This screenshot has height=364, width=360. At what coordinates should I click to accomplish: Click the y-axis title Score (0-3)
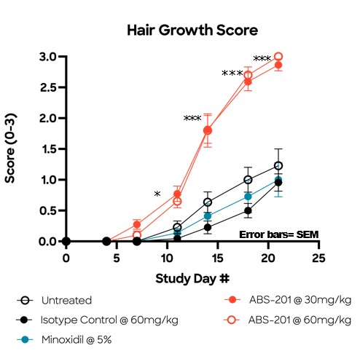[x=12, y=149]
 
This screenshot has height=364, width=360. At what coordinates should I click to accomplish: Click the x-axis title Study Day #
[x=192, y=279]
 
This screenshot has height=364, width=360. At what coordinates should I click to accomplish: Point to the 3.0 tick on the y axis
[x=48, y=57]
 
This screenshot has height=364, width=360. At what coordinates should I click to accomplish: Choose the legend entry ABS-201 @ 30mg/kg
[x=283, y=298]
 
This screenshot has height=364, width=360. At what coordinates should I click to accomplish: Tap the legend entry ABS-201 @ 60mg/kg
[x=283, y=318]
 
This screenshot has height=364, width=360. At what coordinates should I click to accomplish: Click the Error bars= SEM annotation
[x=279, y=234]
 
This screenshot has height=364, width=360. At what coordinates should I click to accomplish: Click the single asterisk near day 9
[x=157, y=194]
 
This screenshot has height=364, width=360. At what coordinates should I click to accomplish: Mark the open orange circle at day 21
[x=278, y=57]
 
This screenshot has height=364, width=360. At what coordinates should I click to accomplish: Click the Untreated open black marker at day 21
[x=278, y=166]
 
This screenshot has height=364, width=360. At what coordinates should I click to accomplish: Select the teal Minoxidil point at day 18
[x=248, y=197]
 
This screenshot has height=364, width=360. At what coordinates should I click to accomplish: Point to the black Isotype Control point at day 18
[x=248, y=211]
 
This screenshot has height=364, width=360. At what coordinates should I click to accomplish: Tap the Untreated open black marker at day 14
[x=208, y=202]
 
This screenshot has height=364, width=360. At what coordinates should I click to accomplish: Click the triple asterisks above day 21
[x=262, y=59]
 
